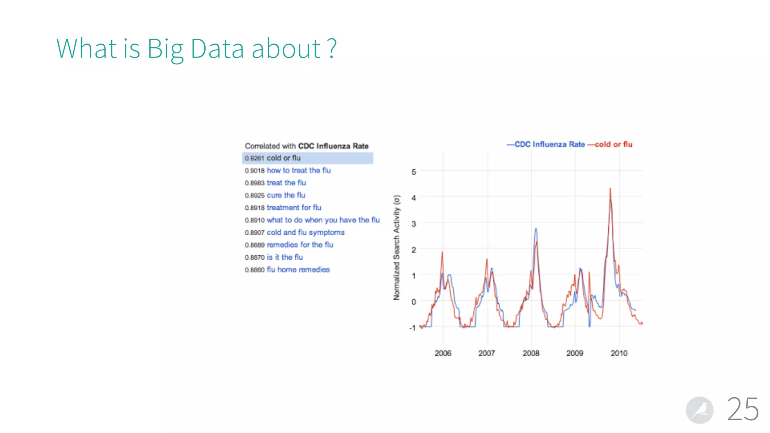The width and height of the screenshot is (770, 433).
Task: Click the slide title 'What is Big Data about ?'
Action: point(196,49)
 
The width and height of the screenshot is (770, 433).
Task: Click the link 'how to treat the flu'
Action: point(299,171)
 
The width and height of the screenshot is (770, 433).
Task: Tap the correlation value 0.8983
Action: point(255,183)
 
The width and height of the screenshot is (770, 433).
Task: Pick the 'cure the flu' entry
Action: point(286,195)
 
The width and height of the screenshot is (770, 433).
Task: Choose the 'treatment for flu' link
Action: point(294,208)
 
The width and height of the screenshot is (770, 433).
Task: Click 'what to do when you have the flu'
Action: point(323,220)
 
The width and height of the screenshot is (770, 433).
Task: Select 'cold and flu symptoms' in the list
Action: point(305,233)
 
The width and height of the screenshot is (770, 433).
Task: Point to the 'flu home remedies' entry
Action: point(298,270)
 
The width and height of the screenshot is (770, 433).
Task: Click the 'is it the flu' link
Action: point(285,257)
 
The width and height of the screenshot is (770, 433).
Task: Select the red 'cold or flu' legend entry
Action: point(613,145)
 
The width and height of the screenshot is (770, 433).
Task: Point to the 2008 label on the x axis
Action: point(531,353)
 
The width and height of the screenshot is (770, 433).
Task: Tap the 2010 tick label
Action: point(619,353)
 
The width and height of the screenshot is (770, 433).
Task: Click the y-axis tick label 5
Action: point(414,172)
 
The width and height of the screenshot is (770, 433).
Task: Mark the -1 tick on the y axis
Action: point(412,328)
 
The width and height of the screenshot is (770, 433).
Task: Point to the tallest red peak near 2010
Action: point(610,189)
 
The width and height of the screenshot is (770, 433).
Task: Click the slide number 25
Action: point(743,409)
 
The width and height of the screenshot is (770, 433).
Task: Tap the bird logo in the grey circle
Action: point(699,410)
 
